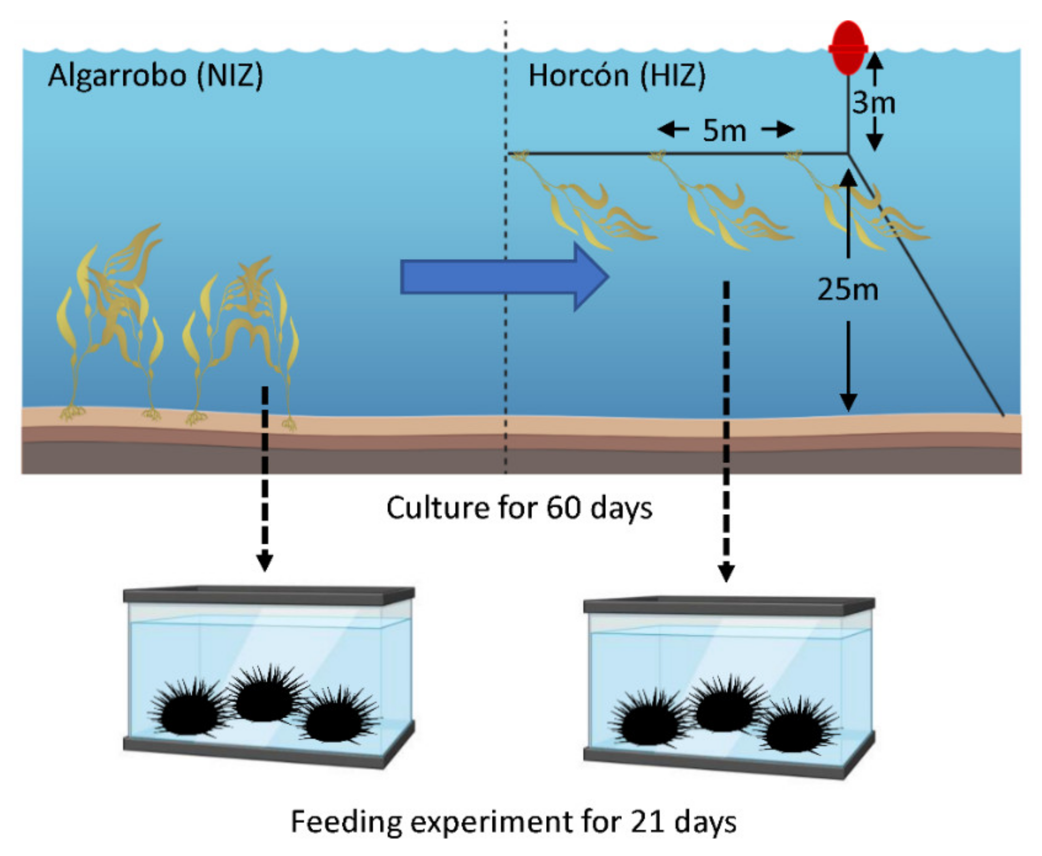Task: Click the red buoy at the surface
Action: click(x=848, y=48)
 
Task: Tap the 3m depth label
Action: click(x=873, y=102)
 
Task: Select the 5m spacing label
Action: click(x=724, y=131)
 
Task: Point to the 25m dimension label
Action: click(x=848, y=290)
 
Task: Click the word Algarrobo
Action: click(x=117, y=76)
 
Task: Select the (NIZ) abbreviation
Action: click(x=230, y=76)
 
